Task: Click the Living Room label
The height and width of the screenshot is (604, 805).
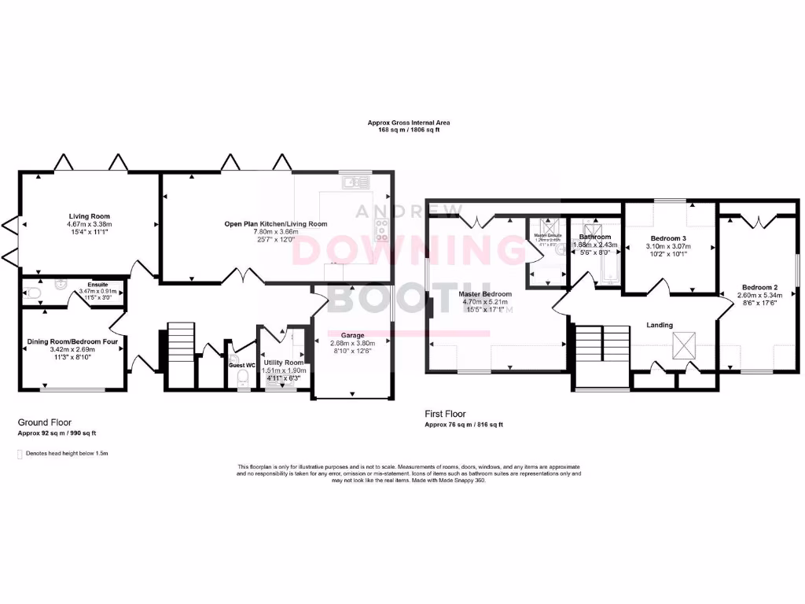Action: coord(89,215)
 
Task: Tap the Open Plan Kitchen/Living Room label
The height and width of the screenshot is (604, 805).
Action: coord(275,223)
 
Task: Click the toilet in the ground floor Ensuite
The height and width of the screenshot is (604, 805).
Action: coord(31,293)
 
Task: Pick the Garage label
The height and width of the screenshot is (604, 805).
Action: coord(352,334)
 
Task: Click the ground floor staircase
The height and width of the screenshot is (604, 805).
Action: coord(180,346)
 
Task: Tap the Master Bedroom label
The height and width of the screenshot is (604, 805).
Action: coord(485,293)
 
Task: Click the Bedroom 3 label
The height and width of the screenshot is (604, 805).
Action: coord(668,238)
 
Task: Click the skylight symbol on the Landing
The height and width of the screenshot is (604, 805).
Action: coord(682,343)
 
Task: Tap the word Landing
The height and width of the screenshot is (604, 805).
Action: coord(659,324)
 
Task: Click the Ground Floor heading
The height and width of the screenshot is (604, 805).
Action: coord(43,422)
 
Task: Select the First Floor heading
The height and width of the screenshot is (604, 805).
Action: coord(445,414)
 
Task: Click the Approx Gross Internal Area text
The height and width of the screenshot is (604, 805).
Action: coord(409,123)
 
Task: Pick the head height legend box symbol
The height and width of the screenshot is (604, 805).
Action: coord(20,454)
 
